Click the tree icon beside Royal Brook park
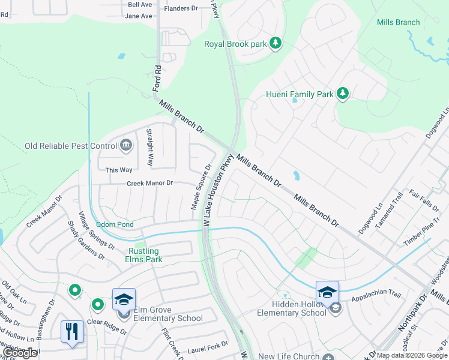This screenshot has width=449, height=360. [276, 43]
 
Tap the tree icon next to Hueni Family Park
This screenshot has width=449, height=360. [342, 94]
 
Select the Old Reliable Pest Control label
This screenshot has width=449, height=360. [70, 146]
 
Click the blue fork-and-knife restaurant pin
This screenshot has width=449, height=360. [71, 332]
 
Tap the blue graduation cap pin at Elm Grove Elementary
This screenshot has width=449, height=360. [124, 299]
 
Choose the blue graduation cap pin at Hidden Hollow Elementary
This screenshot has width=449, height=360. [327, 292]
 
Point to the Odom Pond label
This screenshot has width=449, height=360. [115, 224]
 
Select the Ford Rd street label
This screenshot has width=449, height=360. [157, 77]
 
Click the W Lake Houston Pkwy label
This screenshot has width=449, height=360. [218, 190]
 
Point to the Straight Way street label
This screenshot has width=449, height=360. [151, 148]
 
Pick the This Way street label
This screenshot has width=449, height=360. [119, 170]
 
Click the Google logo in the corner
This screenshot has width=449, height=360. [20, 353]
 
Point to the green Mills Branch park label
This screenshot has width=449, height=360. [398, 22]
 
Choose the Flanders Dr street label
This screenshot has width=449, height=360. [181, 8]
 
